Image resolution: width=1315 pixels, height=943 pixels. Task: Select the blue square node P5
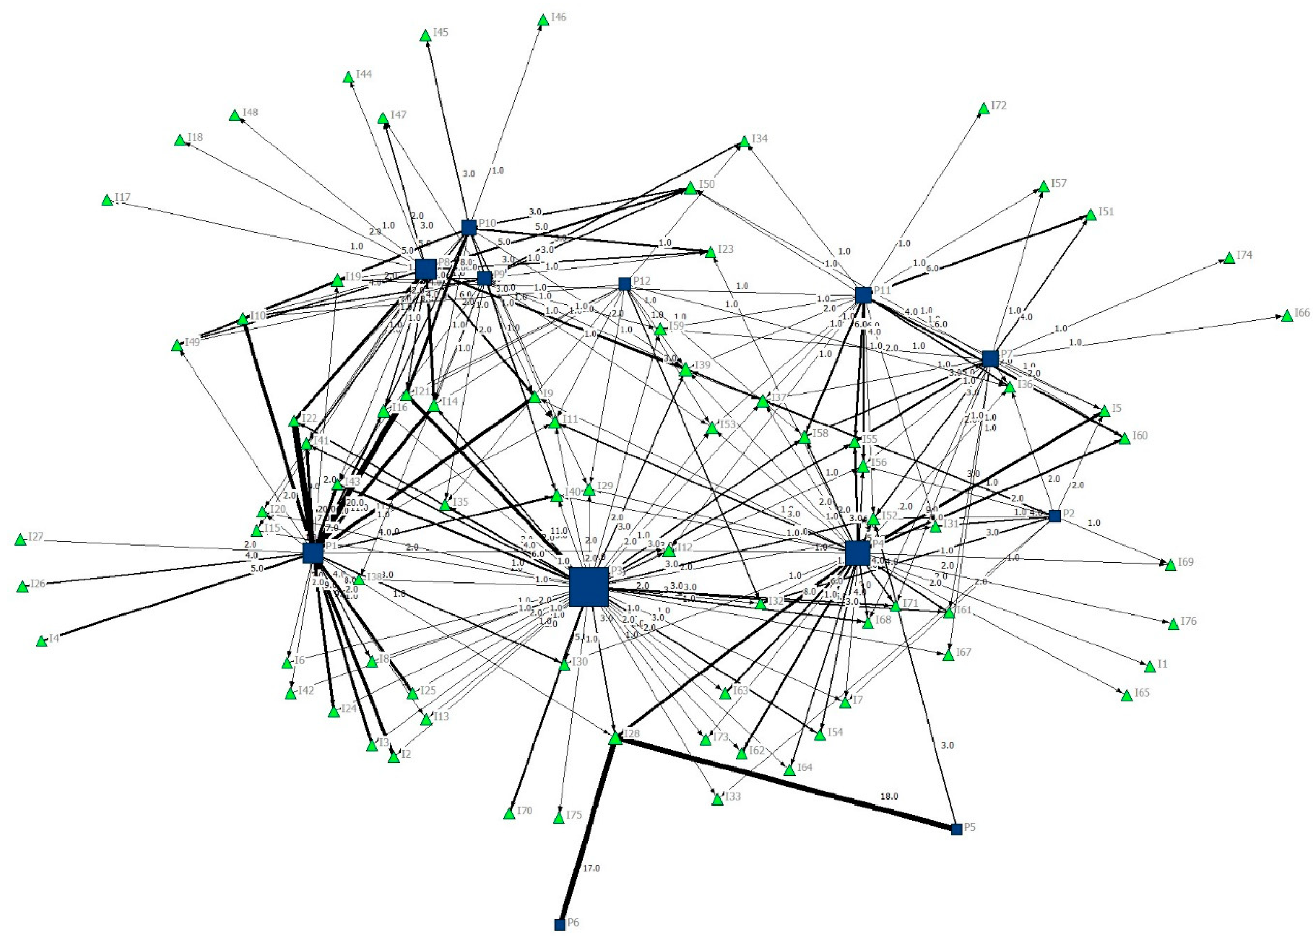pos(957,829)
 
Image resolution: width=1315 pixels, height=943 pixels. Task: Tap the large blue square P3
pos(589,586)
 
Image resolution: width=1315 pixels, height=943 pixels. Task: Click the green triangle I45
pos(425,36)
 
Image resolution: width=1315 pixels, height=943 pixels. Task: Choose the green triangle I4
pos(41,641)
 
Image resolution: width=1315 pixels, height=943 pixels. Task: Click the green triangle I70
pos(509,814)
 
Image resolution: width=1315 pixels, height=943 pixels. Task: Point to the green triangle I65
pos(1127,695)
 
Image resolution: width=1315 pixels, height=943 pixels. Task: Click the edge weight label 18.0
pos(889,796)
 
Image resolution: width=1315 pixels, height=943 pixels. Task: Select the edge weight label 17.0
pos(591,868)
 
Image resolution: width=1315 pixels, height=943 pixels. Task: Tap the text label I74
pos(1245,255)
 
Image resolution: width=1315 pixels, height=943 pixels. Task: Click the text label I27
pos(36,537)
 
